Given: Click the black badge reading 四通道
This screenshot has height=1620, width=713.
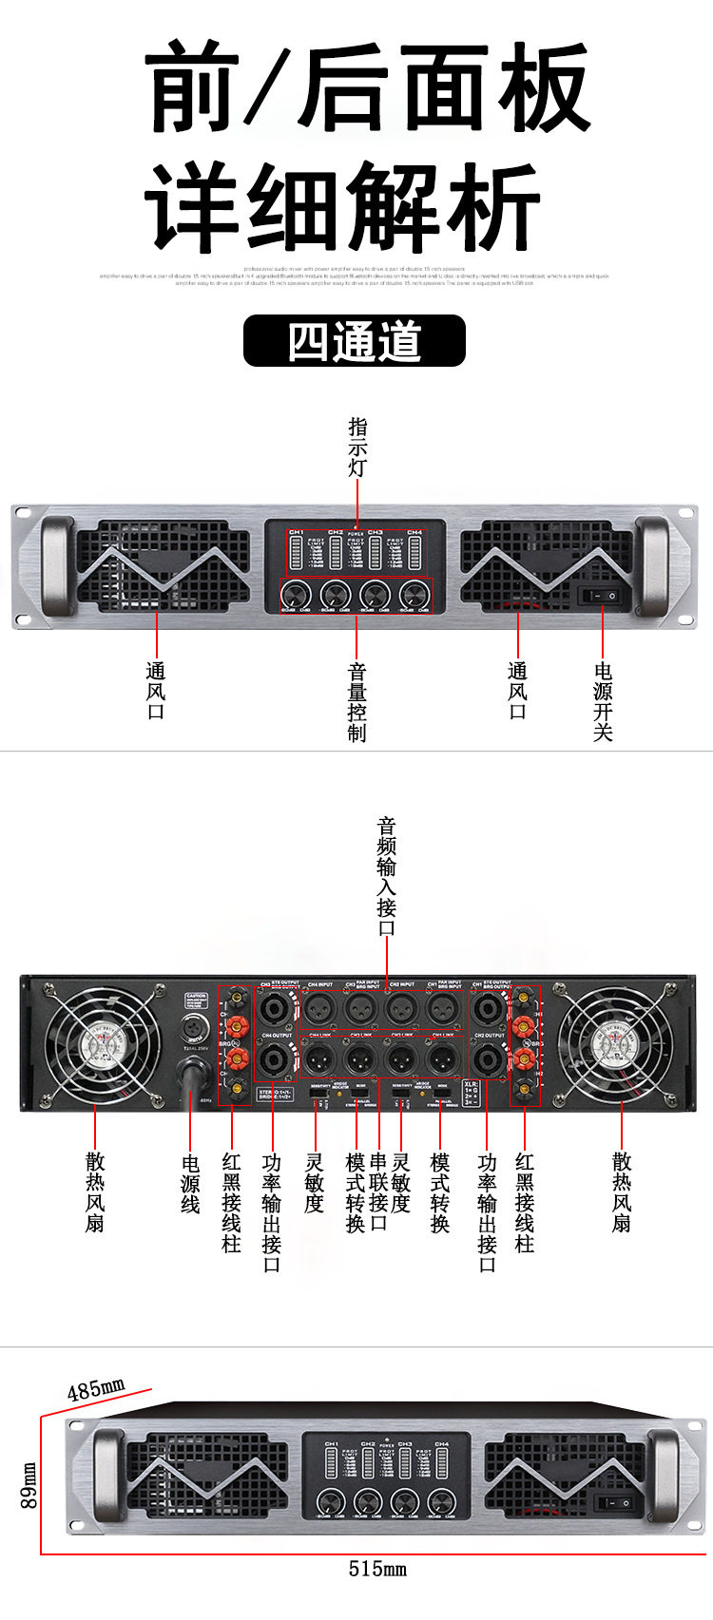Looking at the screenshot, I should click(355, 341).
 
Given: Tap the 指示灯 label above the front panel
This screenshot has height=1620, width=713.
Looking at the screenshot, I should click(357, 447).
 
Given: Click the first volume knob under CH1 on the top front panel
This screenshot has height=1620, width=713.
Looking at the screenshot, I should click(297, 595).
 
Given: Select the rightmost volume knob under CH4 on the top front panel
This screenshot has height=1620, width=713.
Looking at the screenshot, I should click(414, 595).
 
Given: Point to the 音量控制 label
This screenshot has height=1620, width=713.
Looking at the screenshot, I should click(357, 702).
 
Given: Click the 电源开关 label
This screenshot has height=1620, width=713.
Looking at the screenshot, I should click(603, 702).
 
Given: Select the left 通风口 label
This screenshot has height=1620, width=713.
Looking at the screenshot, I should click(156, 691).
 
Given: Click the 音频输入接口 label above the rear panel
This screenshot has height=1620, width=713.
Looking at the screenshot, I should click(387, 876).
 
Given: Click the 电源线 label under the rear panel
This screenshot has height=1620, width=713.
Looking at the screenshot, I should click(190, 1183).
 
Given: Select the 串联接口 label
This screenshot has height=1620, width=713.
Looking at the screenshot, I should click(378, 1192).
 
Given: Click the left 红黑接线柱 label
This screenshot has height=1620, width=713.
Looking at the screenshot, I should click(231, 1203).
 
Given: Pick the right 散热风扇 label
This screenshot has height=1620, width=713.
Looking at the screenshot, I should click(622, 1192).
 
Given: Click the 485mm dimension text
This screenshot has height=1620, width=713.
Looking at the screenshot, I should click(96, 1390).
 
